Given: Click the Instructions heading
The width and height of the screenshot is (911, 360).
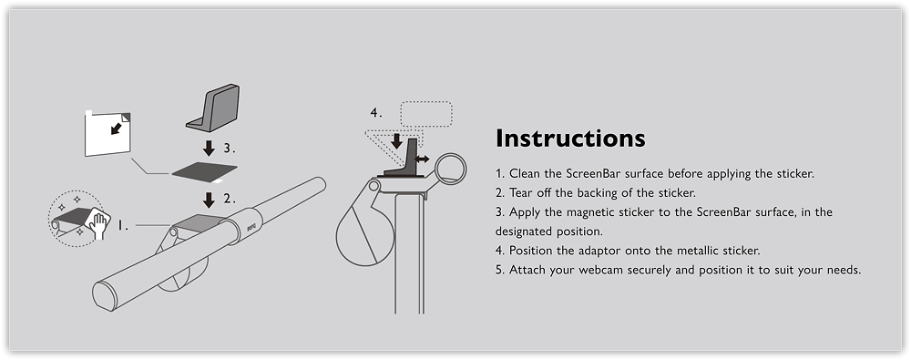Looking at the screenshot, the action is pos(570,139).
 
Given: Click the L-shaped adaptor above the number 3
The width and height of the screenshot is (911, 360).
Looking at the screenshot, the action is pos(213,108).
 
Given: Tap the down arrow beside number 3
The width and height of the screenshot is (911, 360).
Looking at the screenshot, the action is pos(210,148).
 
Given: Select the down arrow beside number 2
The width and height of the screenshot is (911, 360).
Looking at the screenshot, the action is pos(210,200).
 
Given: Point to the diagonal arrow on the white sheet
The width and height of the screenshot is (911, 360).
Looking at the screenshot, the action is pos(118,128).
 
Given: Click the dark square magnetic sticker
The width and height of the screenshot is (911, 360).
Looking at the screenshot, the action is pos(204,171).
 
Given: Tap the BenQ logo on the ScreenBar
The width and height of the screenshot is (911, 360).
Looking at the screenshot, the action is pos(251,225).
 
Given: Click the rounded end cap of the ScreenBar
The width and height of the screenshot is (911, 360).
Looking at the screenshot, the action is pos(105,296).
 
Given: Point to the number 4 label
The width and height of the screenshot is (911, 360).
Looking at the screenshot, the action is pos(376,112).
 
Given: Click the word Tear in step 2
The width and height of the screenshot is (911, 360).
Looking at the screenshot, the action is pos(520,192).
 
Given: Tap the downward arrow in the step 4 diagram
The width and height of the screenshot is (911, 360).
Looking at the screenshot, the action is pos(396,141).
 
